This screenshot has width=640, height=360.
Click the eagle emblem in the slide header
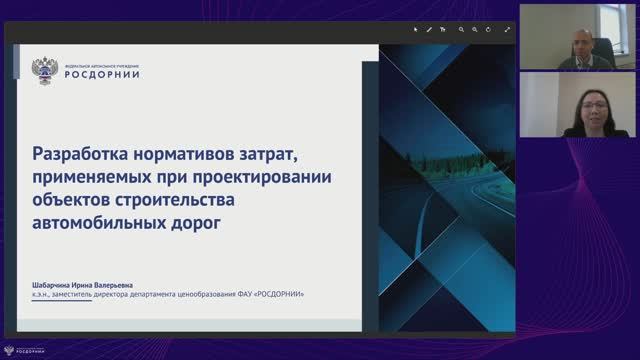coord(44,70)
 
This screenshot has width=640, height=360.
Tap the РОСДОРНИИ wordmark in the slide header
coord(100,74)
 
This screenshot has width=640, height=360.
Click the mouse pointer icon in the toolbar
coord(417,30)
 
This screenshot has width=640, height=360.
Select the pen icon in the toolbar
coord(430,30)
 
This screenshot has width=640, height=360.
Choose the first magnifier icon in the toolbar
coord(462,30)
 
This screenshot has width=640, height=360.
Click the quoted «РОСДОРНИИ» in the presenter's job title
coord(277,294)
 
